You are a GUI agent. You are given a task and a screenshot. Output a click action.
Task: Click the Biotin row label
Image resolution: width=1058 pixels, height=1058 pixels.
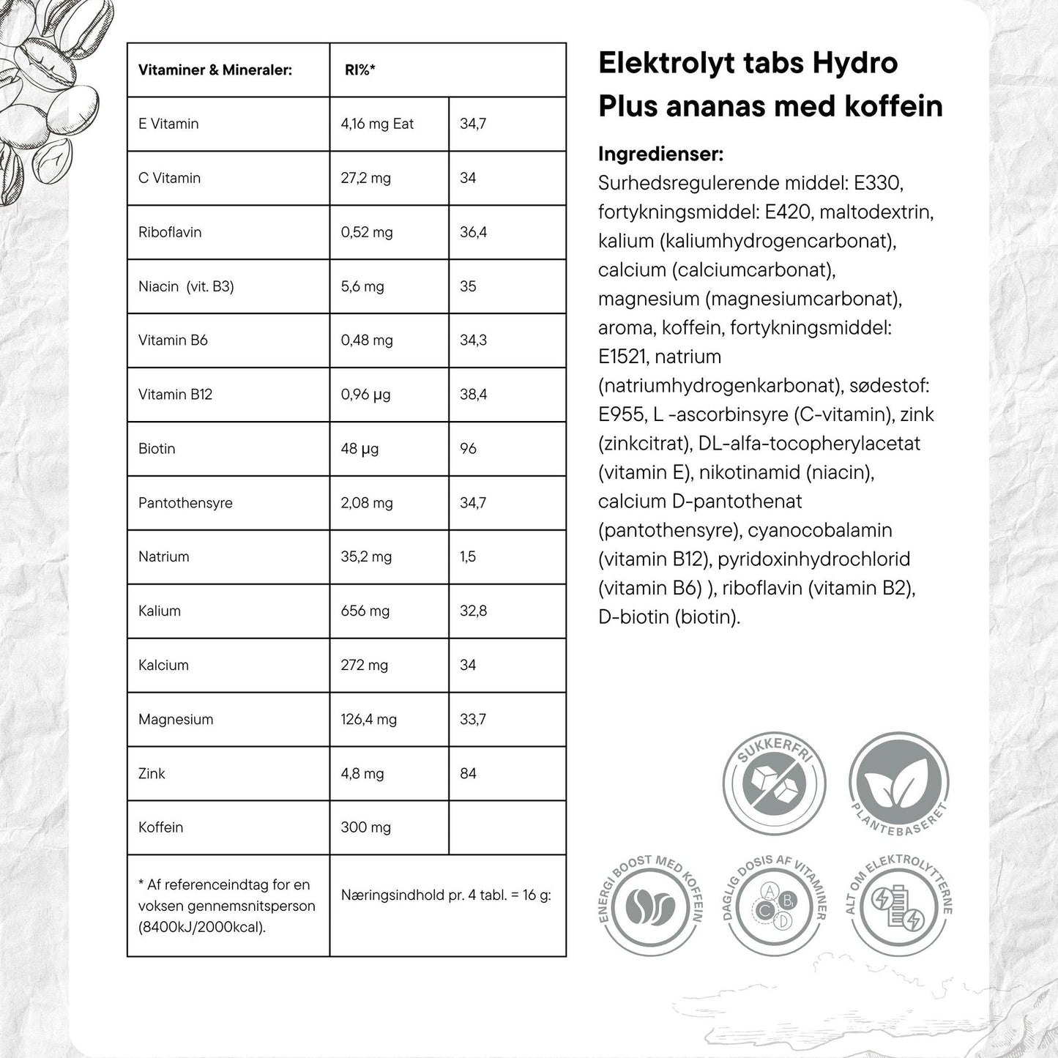[157, 449]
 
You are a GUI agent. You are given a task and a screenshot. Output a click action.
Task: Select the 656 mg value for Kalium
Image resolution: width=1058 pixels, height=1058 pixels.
[365, 611]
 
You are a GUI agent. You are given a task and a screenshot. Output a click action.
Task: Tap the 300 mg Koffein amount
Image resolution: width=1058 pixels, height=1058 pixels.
[365, 827]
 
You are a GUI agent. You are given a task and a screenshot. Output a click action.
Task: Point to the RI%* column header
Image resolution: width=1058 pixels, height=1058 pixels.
[360, 70]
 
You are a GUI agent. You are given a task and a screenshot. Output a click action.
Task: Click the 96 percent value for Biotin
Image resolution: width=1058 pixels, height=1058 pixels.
[468, 449]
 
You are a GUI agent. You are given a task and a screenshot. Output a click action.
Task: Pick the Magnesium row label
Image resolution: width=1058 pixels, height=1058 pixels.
[176, 719]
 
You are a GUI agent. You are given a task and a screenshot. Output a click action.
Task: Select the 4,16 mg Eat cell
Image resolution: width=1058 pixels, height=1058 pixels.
[377, 124]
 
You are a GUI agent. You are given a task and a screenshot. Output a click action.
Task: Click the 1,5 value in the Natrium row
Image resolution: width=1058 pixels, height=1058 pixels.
[468, 556]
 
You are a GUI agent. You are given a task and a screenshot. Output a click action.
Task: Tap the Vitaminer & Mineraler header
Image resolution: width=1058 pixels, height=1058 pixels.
[215, 70]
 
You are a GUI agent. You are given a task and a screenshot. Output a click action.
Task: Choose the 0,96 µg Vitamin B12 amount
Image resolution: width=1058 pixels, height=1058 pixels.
[365, 395]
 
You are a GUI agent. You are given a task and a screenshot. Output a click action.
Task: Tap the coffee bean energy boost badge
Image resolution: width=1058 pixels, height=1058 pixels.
[650, 905]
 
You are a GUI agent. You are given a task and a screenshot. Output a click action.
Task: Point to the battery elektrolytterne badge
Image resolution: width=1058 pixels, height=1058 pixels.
[898, 905]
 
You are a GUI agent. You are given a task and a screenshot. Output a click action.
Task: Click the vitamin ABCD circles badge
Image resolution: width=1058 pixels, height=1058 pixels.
[774, 905]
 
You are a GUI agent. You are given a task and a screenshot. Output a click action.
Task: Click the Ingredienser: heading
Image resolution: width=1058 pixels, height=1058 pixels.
[660, 154]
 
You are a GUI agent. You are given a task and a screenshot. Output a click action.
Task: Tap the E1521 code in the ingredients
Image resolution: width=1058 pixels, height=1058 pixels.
[623, 357]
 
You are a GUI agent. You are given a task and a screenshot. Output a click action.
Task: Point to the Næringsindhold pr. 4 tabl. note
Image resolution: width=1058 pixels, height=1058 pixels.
[445, 895]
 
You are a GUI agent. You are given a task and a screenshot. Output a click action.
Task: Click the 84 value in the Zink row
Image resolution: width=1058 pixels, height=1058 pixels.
[468, 773]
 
